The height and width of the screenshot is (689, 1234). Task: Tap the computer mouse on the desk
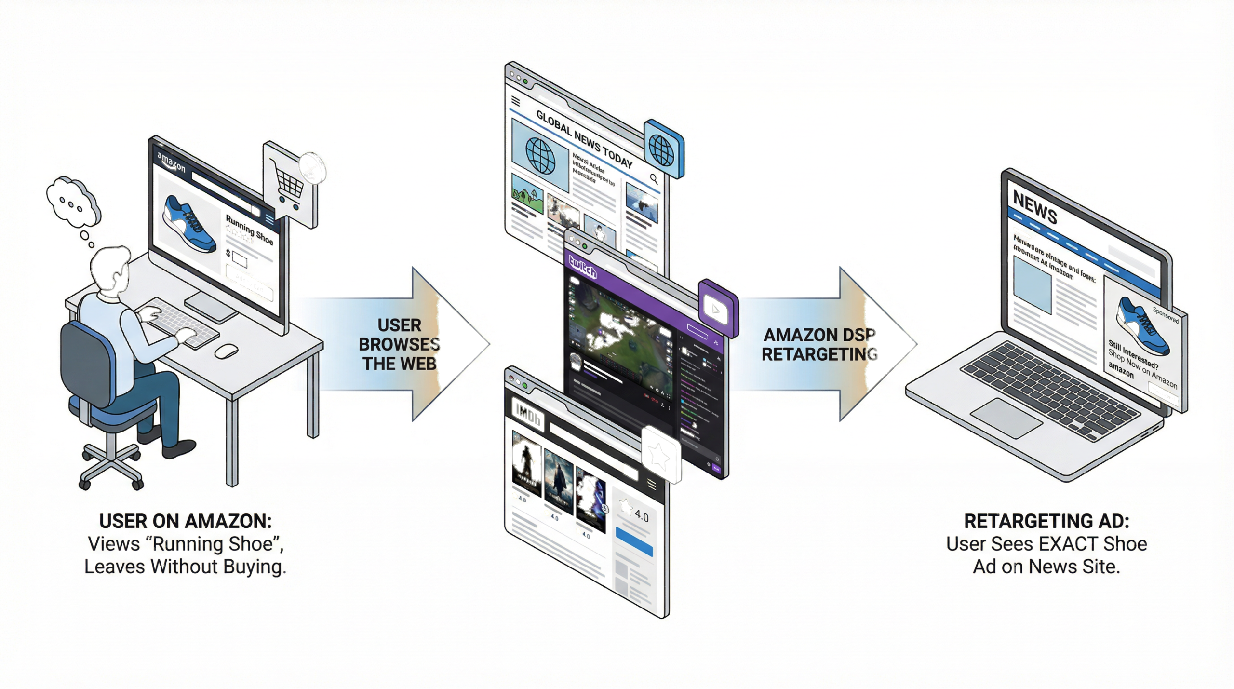226,351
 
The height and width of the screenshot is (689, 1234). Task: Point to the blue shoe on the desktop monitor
188,224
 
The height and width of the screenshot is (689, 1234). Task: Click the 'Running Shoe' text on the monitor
249,230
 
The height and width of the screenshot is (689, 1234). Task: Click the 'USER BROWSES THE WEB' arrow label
399,344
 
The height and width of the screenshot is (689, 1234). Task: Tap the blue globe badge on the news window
663,149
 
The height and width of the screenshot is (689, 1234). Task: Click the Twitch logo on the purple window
582,267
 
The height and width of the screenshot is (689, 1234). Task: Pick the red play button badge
717,309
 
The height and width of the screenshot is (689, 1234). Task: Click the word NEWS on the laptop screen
1035,207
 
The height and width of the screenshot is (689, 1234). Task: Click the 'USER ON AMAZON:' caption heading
186,521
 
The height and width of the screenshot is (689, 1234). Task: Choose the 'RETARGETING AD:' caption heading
1046,521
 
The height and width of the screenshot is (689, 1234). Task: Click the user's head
111,268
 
